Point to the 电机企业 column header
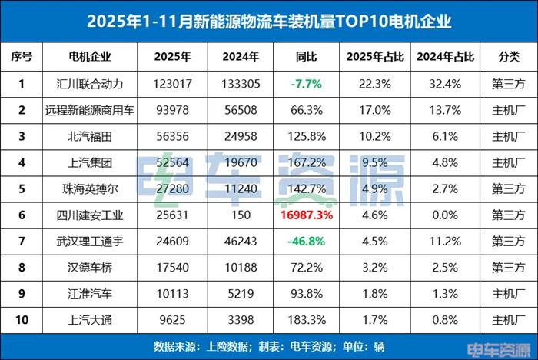(90, 56)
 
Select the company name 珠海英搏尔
(90, 188)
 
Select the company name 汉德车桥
(90, 266)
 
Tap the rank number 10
(22, 318)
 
